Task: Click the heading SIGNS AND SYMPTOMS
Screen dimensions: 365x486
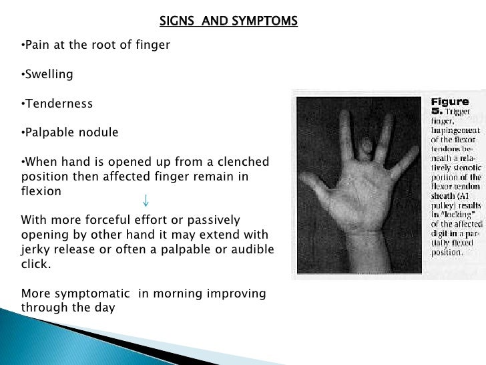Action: click(228, 21)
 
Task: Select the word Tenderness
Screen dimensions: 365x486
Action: click(57, 104)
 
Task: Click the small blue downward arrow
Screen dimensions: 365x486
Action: click(146, 201)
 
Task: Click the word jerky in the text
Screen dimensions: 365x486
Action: click(36, 249)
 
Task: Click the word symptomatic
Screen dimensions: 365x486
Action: click(91, 293)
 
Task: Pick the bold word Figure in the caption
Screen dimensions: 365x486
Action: click(449, 102)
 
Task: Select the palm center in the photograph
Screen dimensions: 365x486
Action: click(360, 201)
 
